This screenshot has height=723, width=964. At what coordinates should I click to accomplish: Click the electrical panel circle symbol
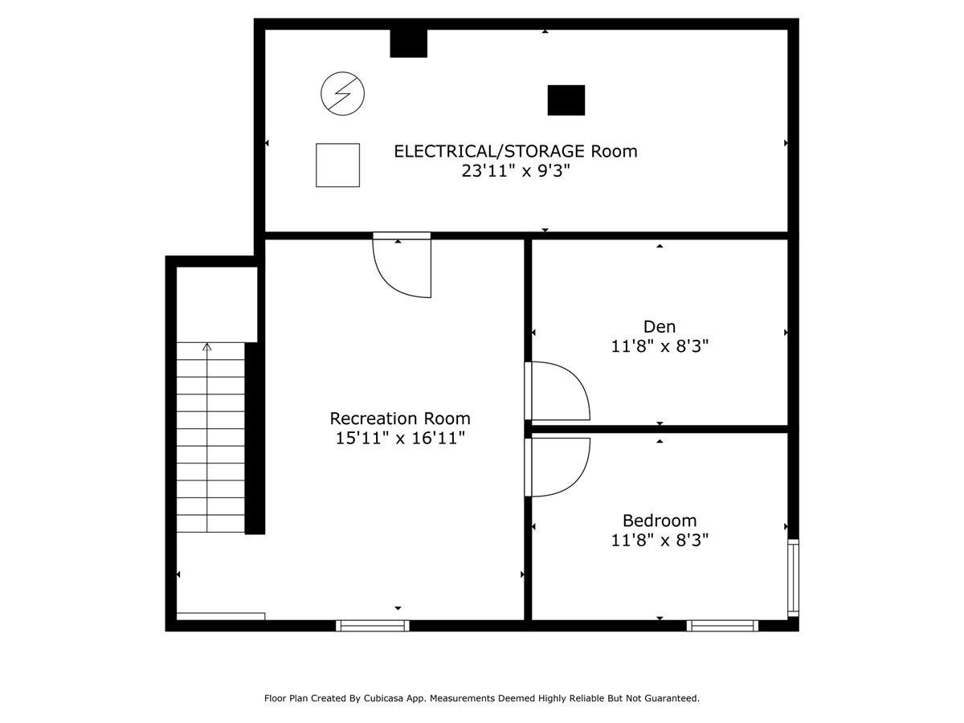click(x=342, y=93)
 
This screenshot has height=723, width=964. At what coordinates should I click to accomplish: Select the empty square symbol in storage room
click(x=337, y=165)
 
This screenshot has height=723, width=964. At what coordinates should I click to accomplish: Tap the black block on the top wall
click(x=408, y=43)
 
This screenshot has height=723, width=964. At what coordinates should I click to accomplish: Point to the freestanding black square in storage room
click(x=566, y=100)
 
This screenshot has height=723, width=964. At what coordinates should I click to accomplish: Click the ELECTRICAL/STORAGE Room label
click(x=515, y=151)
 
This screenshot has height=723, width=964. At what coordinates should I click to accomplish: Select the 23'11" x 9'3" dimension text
click(x=515, y=171)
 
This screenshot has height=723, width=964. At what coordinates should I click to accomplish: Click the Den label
click(x=660, y=326)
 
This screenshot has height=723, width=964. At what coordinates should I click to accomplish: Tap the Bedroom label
click(x=660, y=520)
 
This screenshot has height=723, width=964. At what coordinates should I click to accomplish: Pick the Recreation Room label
click(x=400, y=419)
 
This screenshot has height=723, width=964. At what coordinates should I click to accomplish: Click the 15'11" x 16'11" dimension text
click(x=400, y=439)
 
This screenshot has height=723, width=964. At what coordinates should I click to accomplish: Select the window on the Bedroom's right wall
click(x=793, y=578)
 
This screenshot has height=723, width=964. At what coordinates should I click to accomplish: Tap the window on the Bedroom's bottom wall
click(x=723, y=625)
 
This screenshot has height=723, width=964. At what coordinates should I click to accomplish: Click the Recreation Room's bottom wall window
click(x=372, y=625)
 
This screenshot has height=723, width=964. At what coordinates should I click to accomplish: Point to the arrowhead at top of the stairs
click(x=207, y=347)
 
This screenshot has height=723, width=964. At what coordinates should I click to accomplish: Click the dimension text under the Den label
click(x=660, y=346)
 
